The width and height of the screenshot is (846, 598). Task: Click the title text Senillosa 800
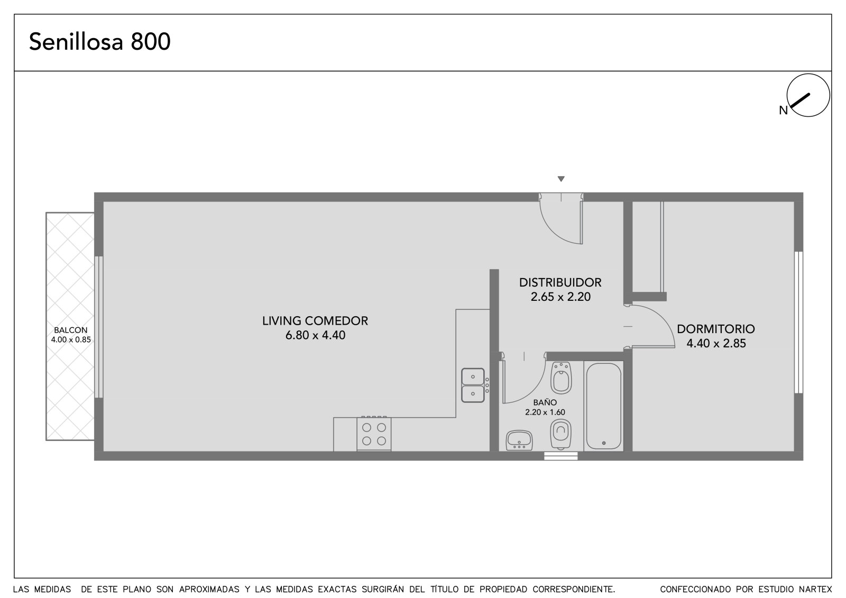[100, 42]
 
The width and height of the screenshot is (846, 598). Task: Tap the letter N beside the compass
[783, 111]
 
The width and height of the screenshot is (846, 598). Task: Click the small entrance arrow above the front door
[561, 179]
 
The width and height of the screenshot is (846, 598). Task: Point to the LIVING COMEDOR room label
[315, 321]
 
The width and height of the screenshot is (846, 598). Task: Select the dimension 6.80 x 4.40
[315, 335]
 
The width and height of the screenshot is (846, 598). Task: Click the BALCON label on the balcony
[71, 330]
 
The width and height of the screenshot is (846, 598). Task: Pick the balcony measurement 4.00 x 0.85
[71, 339]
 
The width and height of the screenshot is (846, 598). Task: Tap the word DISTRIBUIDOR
[560, 282]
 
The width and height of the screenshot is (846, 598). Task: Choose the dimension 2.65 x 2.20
[560, 297]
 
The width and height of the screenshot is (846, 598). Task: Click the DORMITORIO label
[716, 329]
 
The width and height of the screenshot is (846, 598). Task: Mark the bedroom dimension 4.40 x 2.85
[716, 343]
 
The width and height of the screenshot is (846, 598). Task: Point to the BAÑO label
[545, 402]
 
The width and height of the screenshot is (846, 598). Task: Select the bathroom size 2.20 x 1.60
[545, 412]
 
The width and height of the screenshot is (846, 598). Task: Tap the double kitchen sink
[473, 385]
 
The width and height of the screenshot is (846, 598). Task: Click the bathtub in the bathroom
[603, 406]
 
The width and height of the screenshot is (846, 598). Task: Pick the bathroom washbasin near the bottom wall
[519, 440]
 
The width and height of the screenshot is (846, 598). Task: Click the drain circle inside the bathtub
[603, 443]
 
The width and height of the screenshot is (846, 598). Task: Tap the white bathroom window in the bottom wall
[561, 456]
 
